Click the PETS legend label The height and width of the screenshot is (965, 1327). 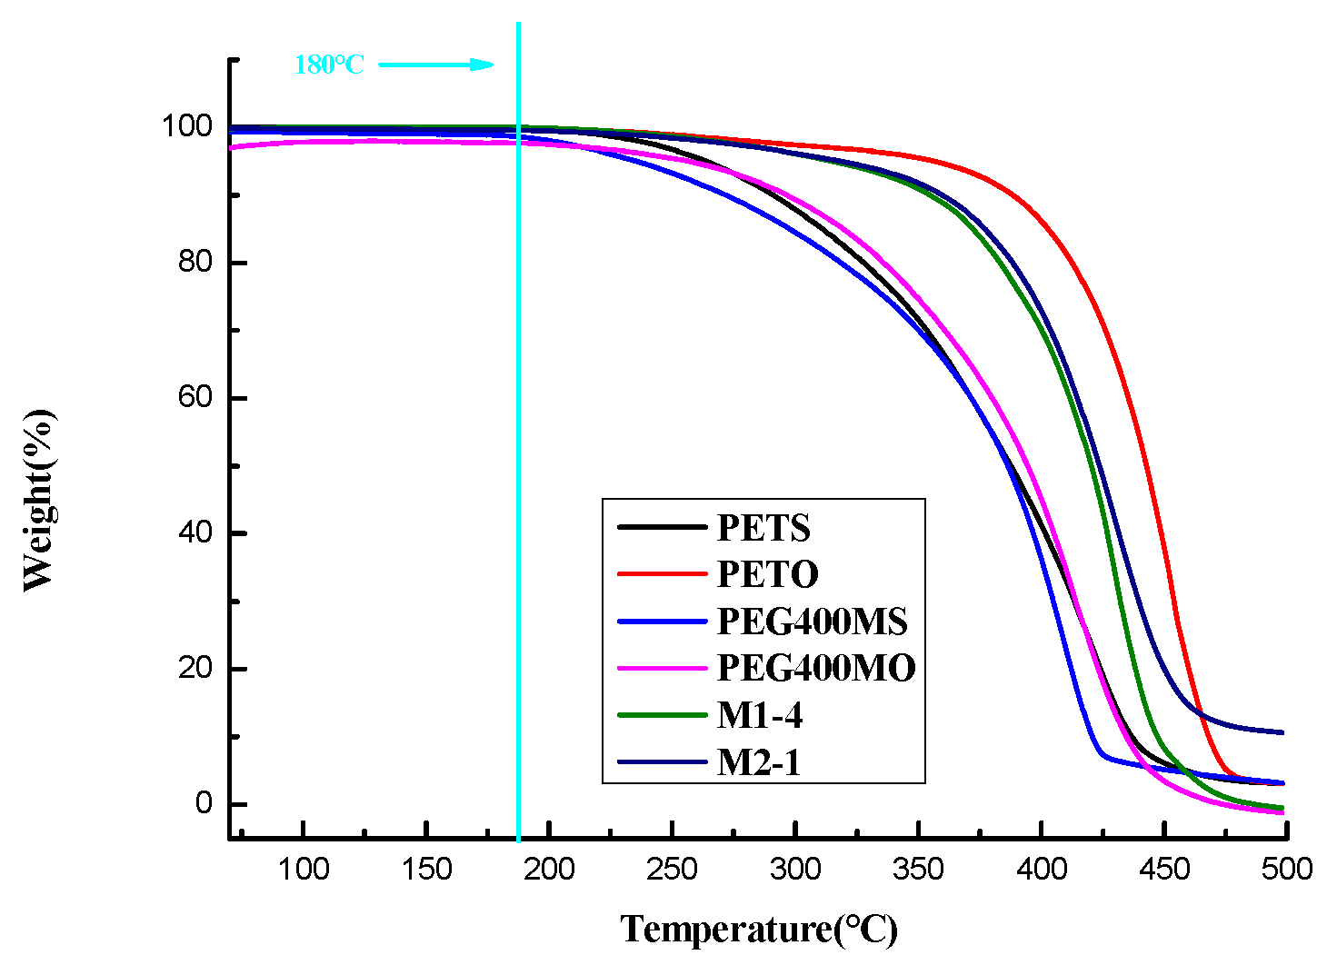tap(763, 528)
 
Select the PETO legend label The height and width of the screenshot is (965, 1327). tap(767, 574)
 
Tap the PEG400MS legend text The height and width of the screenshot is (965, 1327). tap(812, 622)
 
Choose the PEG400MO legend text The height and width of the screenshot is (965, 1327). tap(815, 668)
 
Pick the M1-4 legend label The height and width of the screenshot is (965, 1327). tap(759, 715)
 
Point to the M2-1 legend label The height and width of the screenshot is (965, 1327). tap(759, 762)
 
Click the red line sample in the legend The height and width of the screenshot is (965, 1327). tap(661, 574)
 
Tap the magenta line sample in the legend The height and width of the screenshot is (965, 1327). tap(661, 668)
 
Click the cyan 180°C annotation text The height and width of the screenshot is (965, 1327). tap(329, 65)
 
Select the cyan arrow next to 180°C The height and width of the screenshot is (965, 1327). tap(436, 65)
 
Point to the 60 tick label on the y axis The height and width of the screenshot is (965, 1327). tap(195, 397)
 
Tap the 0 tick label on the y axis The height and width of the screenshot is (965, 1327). tap(204, 803)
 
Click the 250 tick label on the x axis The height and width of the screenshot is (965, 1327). tap(672, 870)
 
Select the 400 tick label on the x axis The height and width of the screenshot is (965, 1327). tap(1041, 870)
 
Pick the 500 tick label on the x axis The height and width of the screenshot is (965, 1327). tap(1286, 870)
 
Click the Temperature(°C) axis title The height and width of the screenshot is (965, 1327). tap(759, 929)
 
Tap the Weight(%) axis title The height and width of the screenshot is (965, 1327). tap(38, 500)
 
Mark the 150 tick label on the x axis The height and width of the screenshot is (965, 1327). tap(426, 870)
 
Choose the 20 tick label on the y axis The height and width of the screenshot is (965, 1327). tap(195, 668)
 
